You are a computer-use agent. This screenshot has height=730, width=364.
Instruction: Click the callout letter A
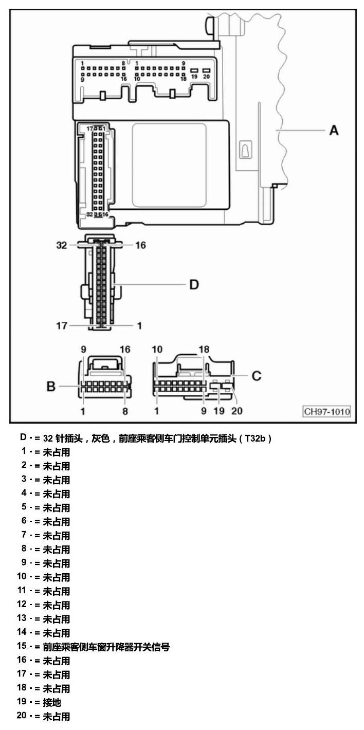[x=334, y=131]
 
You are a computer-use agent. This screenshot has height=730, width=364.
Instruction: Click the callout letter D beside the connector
[x=194, y=285]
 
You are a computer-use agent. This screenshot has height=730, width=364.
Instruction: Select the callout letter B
[x=51, y=386]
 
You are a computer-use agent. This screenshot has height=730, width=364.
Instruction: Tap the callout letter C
[x=257, y=376]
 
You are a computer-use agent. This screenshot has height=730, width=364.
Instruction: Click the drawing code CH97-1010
[x=327, y=411]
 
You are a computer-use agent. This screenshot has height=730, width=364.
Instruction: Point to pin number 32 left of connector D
[x=62, y=245]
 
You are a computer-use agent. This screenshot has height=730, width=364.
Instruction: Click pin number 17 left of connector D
[x=62, y=325]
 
